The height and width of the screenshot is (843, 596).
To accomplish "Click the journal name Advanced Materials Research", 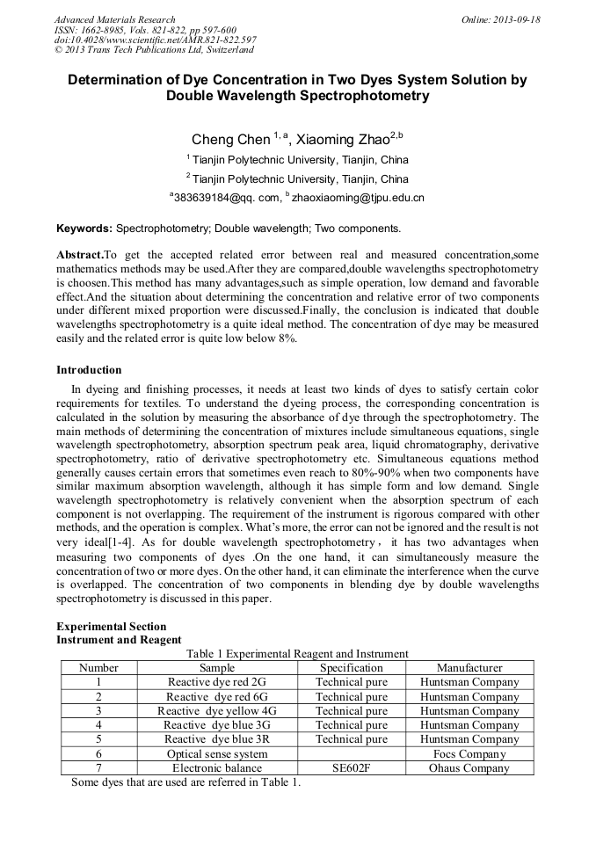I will click(114, 19).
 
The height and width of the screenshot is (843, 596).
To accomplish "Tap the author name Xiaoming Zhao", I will click(343, 140).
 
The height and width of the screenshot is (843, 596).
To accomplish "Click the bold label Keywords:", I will click(84, 229).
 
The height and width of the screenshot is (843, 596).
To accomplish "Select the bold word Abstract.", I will click(79, 254).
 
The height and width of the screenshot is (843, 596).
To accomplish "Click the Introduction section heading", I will click(89, 369).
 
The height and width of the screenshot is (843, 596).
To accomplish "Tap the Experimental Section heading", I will click(111, 627).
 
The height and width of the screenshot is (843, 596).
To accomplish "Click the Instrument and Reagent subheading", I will click(119, 640).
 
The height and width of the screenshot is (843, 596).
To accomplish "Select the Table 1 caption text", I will click(297, 653).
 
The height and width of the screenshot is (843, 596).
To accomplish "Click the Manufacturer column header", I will click(469, 668).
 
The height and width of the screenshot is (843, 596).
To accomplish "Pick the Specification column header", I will click(351, 668).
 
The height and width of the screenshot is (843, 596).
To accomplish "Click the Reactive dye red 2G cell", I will click(216, 682).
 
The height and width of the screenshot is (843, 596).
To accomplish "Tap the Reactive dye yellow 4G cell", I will click(216, 711).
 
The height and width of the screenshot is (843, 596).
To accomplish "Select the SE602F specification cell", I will click(351, 768).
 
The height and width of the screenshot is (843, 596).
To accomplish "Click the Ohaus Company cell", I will click(469, 768).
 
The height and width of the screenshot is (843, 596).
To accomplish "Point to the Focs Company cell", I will click(469, 754).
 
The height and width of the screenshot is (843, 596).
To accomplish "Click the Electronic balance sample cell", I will click(216, 768).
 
